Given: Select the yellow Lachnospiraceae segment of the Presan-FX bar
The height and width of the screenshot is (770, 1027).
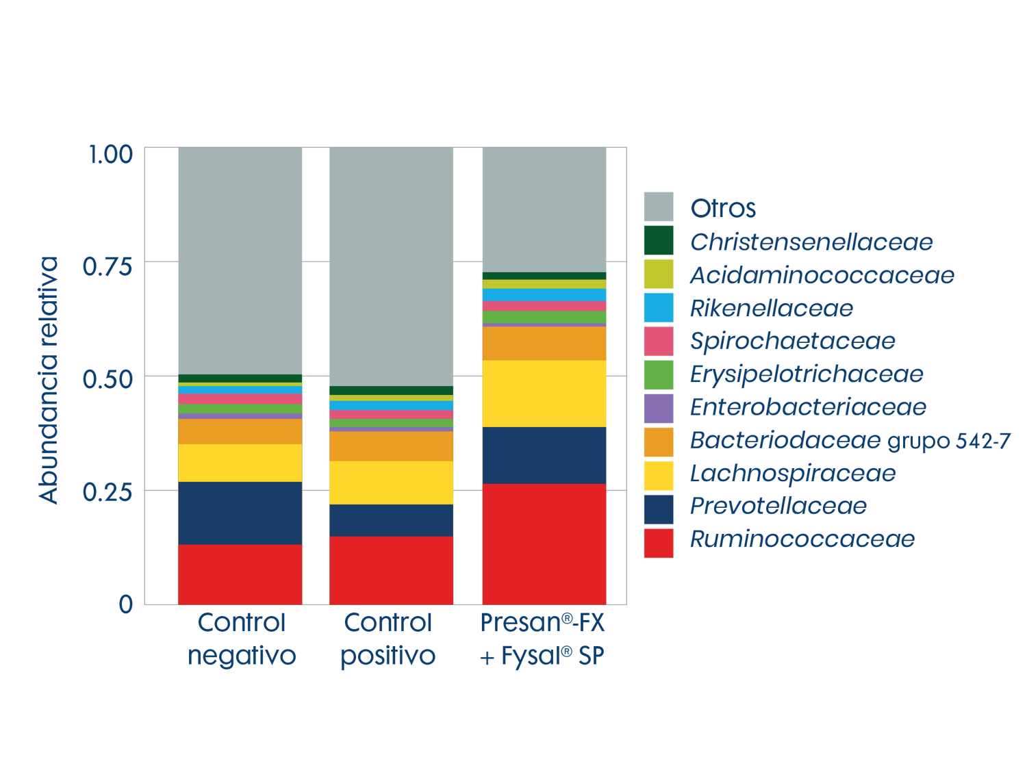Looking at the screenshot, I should (544, 394).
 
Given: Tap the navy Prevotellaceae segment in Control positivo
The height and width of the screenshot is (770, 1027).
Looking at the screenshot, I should (391, 520).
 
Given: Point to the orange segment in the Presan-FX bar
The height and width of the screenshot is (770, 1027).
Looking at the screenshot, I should (544, 344).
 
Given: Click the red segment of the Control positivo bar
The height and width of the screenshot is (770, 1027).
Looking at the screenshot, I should (391, 569).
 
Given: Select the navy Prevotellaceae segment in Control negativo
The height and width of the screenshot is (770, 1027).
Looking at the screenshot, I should (240, 513).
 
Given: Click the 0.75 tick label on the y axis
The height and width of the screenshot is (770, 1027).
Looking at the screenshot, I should (107, 266).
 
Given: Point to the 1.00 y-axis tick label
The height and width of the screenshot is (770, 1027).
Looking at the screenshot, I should (110, 154).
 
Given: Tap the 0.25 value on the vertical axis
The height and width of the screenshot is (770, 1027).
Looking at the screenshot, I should (107, 491).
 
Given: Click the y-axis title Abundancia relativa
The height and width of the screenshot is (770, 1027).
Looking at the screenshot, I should (49, 380).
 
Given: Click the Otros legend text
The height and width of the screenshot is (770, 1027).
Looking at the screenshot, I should (723, 208).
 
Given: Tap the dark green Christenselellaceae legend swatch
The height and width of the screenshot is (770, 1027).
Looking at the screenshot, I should (658, 241).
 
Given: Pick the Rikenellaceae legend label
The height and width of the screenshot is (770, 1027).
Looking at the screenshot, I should (771, 309).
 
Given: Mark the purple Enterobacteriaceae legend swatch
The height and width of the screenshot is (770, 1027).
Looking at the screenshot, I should (658, 409).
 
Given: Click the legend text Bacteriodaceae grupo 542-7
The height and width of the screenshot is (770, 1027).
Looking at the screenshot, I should (850, 440).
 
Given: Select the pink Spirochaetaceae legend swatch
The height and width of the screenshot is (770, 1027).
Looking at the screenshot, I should (658, 342).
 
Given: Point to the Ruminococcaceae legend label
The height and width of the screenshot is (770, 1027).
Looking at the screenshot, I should (802, 539).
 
